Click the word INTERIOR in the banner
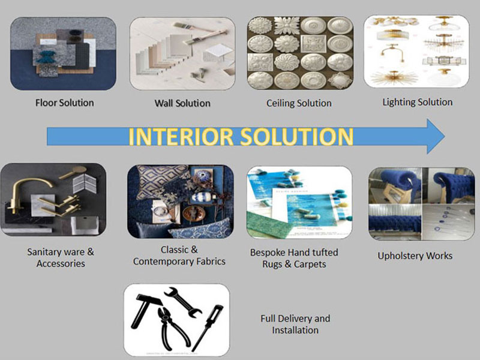point(181,136)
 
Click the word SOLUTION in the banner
point(296,136)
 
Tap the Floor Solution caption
point(65,103)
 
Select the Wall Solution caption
point(182,103)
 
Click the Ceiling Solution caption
point(299,103)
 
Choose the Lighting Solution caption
point(418,102)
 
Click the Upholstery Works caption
point(415,256)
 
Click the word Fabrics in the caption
point(211,262)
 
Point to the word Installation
point(295,331)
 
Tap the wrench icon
point(183,302)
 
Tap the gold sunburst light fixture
point(394,78)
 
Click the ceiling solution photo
point(300,53)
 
